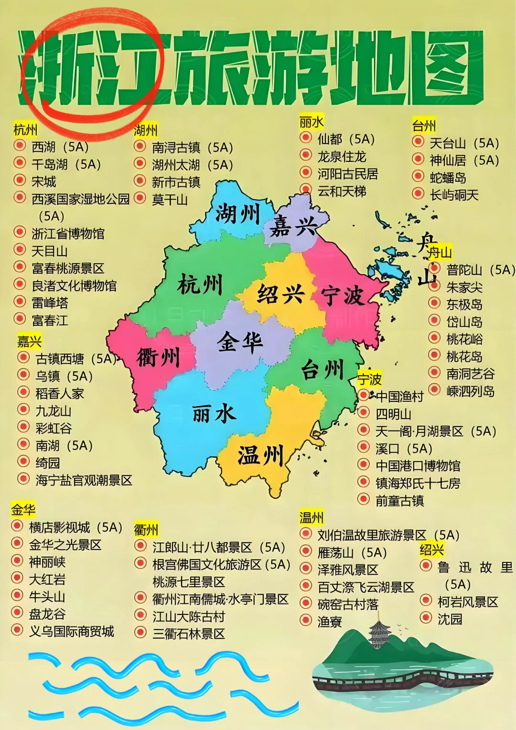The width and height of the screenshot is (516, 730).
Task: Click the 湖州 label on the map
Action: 237,213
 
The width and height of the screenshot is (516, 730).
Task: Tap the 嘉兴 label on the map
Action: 294,225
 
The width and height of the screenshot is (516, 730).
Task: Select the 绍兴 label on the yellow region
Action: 280,293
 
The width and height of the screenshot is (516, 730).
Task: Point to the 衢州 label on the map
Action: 158,356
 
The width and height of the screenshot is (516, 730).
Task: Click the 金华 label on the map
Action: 240,342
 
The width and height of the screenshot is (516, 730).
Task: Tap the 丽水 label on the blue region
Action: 214,413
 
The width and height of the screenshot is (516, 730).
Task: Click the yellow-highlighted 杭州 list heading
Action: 25,129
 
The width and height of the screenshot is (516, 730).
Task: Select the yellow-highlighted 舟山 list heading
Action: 440,252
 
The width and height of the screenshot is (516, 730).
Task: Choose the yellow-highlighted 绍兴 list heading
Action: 432,549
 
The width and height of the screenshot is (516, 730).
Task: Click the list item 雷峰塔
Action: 50,303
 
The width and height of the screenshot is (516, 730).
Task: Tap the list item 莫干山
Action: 170,199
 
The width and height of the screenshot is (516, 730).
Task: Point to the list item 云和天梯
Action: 342,191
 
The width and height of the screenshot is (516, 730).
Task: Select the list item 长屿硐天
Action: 454,195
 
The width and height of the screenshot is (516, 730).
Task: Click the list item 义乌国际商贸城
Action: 72,631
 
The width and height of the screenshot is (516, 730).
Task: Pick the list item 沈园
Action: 450,619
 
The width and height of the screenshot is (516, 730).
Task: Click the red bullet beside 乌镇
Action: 23,376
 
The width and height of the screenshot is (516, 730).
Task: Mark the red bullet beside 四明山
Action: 364,413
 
